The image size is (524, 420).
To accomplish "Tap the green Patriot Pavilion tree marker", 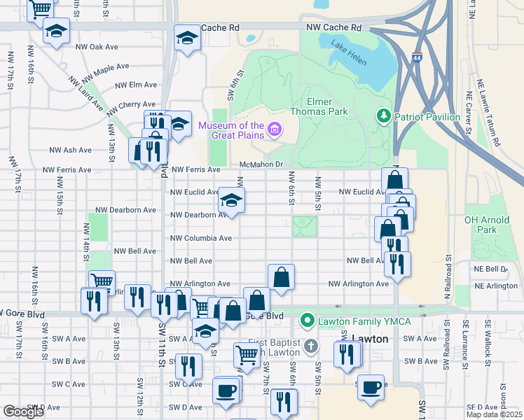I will (383, 116).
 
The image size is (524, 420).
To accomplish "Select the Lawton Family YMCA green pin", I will (306, 321).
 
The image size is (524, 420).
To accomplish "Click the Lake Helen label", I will (348, 54).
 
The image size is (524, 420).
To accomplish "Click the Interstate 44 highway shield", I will (418, 59).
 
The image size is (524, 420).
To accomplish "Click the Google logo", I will (23, 411).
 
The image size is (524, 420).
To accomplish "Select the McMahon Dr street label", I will (260, 164).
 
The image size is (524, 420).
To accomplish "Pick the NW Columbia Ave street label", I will (202, 238).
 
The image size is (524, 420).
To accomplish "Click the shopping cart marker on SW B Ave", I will (247, 355).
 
